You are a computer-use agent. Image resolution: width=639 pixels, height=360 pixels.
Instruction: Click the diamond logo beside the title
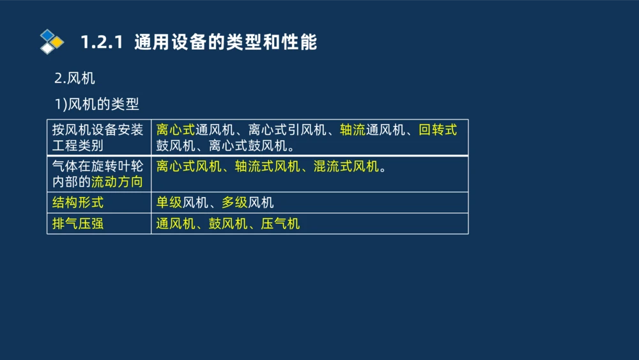click(52, 42)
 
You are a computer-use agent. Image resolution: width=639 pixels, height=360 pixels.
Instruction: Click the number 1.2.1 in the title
click(102, 42)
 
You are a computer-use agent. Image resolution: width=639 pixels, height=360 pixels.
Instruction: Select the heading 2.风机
click(75, 79)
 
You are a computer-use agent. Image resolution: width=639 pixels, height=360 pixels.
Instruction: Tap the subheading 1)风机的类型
click(96, 104)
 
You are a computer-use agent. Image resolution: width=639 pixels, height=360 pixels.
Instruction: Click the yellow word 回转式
click(438, 130)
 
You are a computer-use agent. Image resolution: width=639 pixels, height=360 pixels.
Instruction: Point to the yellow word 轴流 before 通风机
click(352, 130)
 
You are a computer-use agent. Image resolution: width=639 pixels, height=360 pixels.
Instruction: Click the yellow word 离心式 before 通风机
click(175, 130)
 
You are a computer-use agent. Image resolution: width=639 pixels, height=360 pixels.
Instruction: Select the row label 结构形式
click(77, 203)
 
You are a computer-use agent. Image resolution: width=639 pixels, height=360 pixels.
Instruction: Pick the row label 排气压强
click(77, 224)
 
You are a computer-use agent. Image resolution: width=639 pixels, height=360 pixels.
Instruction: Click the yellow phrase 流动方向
click(117, 182)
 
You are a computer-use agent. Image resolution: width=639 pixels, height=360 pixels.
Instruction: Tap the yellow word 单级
click(169, 203)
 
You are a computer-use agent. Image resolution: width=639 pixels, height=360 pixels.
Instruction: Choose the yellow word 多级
click(235, 203)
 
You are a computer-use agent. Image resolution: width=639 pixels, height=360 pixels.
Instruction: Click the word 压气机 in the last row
click(281, 224)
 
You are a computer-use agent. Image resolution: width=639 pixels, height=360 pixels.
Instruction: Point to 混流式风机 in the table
click(346, 167)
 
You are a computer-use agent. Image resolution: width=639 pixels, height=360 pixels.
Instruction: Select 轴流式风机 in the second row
click(267, 167)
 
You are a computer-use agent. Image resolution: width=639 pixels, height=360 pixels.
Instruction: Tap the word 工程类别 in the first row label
click(77, 145)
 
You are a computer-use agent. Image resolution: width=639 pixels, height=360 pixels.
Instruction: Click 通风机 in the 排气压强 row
click(175, 224)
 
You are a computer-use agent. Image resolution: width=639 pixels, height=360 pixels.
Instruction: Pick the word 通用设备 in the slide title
click(167, 42)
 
